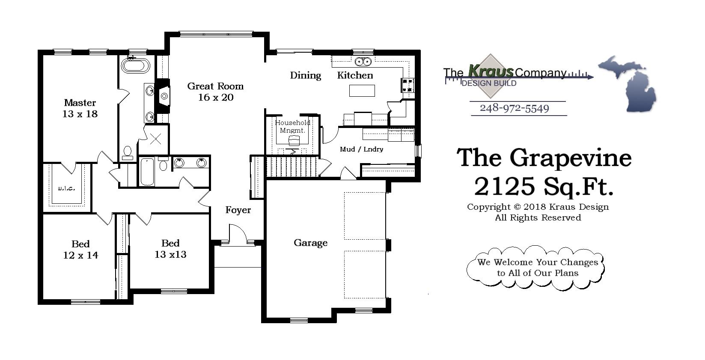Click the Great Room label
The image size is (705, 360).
tap(215, 86)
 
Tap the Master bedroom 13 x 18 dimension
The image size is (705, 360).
tap(80, 114)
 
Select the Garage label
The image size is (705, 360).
tap(310, 243)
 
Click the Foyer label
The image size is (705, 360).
tap(238, 210)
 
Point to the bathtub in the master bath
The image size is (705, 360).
tap(135, 66)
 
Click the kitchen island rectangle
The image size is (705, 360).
tap(362, 90)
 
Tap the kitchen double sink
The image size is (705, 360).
tap(363, 62)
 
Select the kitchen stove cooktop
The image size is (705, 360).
tap(408, 85)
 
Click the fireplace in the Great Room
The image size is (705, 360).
tap(163, 96)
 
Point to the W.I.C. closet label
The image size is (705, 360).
tap(66, 188)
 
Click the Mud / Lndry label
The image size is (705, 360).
tap(361, 149)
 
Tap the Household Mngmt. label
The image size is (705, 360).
tap(292, 126)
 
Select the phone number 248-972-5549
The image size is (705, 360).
tap(514, 108)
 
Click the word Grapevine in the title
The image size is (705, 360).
tap(570, 158)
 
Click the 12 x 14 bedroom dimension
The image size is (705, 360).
tap(80, 255)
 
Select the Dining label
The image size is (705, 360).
tap(305, 75)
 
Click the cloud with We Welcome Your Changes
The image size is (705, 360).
tap(536, 268)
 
